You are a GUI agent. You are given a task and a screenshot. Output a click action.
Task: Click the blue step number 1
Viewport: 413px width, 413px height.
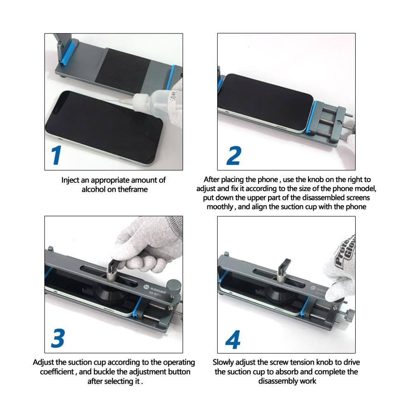click(57, 155)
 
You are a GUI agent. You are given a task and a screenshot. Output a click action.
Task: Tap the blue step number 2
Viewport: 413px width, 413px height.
click(234, 156)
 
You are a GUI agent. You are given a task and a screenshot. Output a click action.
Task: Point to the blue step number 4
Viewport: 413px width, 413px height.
click(233, 339)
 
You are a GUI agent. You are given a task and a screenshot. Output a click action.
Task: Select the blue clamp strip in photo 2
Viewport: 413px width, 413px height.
click(312, 116)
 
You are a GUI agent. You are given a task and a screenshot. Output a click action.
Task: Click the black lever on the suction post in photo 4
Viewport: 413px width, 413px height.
click(284, 266)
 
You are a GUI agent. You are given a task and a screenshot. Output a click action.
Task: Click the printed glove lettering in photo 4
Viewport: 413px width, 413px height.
click(345, 251)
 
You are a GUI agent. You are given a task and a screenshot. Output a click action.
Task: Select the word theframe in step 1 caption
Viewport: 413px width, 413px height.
click(133, 190)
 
